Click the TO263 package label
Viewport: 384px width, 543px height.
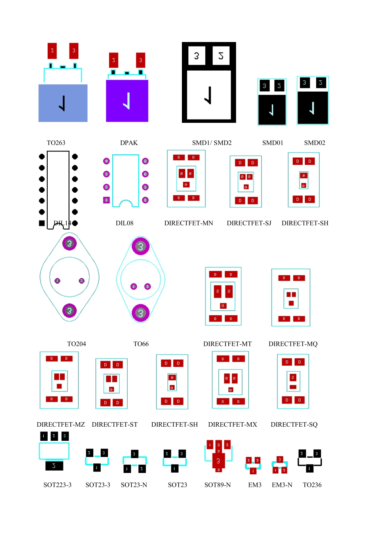pyautogui.click(x=56, y=143)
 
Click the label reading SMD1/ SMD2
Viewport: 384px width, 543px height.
pyautogui.click(x=212, y=143)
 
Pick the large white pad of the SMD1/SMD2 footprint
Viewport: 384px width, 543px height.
pyautogui.click(x=209, y=95)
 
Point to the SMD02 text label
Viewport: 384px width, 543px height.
pyautogui.click(x=314, y=143)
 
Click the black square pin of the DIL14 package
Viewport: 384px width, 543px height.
pyautogui.click(x=42, y=223)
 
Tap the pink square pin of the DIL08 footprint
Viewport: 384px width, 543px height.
pyautogui.click(x=106, y=200)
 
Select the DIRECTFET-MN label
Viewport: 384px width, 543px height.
pyautogui.click(x=188, y=223)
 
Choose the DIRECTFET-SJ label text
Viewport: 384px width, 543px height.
pyautogui.click(x=249, y=223)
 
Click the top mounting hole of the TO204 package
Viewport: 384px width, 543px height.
pyautogui.click(x=70, y=243)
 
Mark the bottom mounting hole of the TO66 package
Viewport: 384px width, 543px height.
pyautogui.click(x=141, y=313)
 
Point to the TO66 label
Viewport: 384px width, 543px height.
pyautogui.click(x=141, y=344)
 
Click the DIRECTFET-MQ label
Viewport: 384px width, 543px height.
pyautogui.click(x=293, y=344)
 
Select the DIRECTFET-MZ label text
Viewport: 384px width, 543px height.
pyautogui.click(x=61, y=424)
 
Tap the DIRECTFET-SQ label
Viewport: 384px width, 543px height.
pyautogui.click(x=294, y=424)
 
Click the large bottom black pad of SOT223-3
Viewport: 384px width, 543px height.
pyautogui.click(x=54, y=466)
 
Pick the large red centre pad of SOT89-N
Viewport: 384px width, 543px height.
pyautogui.click(x=218, y=461)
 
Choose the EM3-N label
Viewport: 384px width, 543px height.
pyautogui.click(x=282, y=485)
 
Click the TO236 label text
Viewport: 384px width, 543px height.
pyautogui.click(x=312, y=485)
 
